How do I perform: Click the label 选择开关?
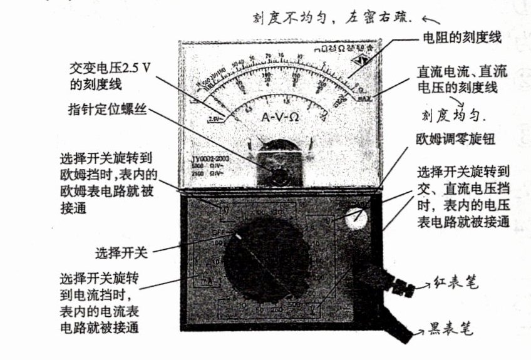[x=121, y=253]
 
